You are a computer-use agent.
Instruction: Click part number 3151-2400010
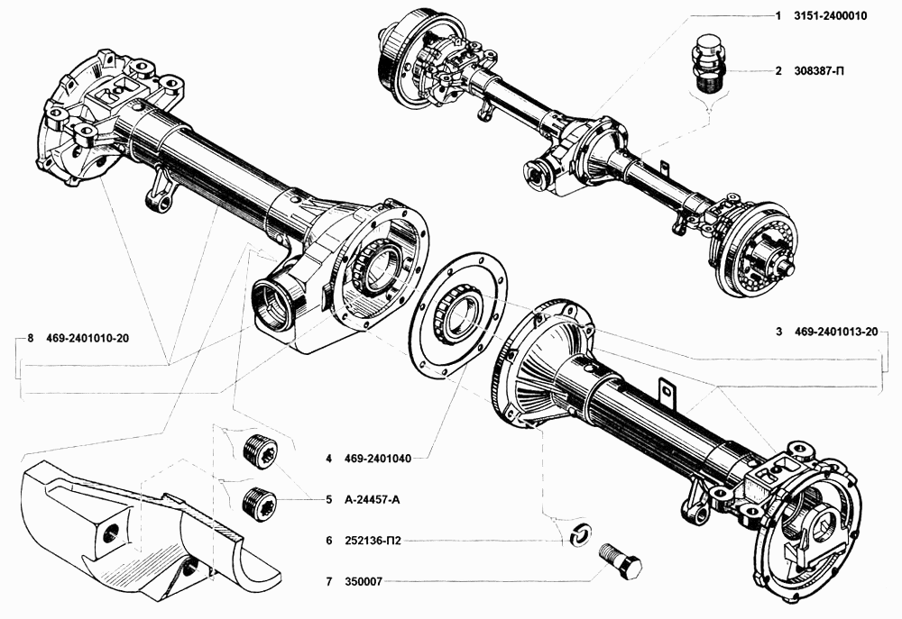(x=830, y=16)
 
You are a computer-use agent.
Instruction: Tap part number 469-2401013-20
(x=836, y=332)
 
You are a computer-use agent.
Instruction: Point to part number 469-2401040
(x=377, y=459)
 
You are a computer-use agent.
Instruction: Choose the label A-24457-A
(x=372, y=500)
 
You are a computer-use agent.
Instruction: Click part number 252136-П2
(x=373, y=541)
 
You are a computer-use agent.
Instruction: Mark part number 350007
(x=363, y=582)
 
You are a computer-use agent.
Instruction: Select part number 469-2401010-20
(x=87, y=338)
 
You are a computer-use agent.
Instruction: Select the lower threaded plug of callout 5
(x=259, y=503)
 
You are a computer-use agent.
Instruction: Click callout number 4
(x=328, y=459)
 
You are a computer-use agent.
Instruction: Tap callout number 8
(x=31, y=338)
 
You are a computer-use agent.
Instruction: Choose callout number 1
(x=778, y=16)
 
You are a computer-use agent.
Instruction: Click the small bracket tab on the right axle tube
(x=667, y=391)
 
